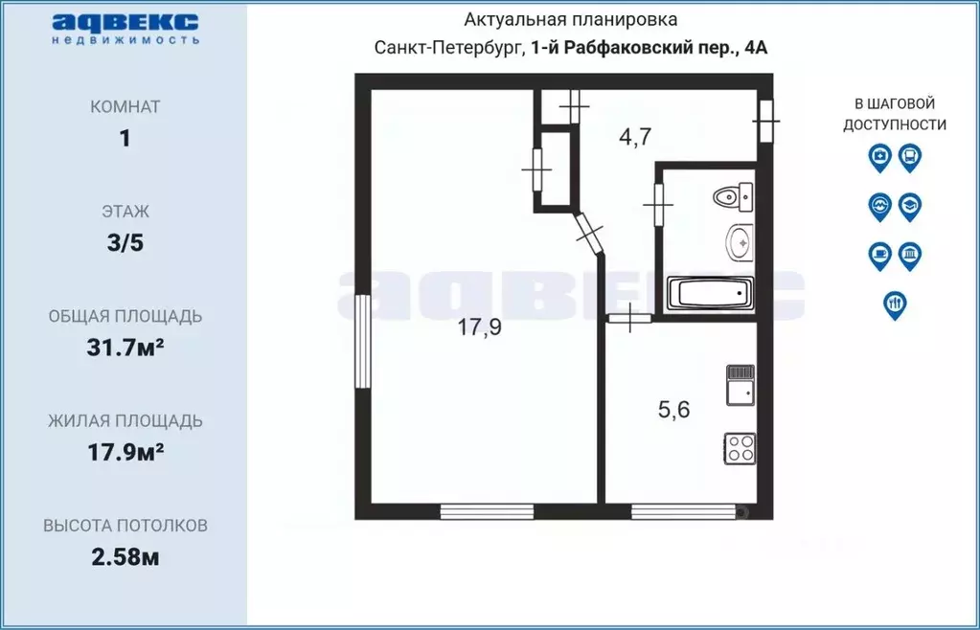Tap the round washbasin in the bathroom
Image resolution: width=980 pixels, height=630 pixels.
[x=740, y=241]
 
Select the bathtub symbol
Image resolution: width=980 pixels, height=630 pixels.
[x=709, y=293]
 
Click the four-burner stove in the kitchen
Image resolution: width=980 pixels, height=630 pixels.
[x=741, y=446]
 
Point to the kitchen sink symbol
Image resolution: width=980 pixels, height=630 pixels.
[x=740, y=385]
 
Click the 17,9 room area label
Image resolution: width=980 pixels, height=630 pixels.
[x=479, y=327]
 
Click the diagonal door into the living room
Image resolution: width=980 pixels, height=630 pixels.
[x=590, y=233]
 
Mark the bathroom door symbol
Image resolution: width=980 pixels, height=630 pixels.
[x=659, y=204]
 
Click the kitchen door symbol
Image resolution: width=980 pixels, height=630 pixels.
[x=629, y=317]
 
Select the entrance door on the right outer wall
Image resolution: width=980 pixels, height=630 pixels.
[x=765, y=122]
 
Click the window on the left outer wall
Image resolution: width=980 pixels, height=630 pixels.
[x=362, y=341]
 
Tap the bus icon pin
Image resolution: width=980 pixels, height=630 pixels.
[x=910, y=156]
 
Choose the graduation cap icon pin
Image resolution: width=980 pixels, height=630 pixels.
[x=910, y=205]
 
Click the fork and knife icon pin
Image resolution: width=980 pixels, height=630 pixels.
[x=895, y=304]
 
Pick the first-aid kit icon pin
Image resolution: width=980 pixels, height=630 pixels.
[x=879, y=156]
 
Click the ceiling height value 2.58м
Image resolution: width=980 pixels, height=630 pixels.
[x=125, y=556]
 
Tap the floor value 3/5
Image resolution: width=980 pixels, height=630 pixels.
[x=125, y=243]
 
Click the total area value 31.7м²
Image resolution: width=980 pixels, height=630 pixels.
[x=125, y=348]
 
